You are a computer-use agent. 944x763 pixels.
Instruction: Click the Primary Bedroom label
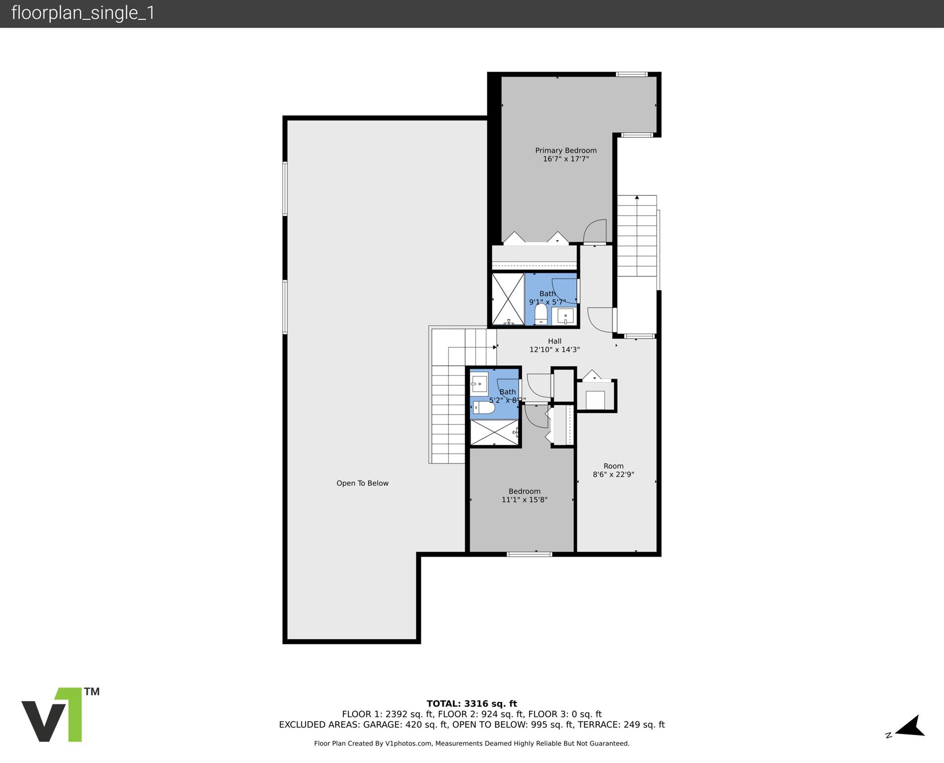565,150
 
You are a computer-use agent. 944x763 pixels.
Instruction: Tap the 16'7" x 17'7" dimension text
565,159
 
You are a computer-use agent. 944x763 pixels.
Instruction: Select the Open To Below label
362,483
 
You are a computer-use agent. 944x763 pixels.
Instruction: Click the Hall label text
554,341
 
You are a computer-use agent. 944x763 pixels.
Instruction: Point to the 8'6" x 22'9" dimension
613,475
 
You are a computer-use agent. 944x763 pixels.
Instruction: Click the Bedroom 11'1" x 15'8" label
524,496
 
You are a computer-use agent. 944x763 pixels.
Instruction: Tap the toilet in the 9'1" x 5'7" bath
541,314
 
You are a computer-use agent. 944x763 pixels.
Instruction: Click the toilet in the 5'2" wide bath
484,408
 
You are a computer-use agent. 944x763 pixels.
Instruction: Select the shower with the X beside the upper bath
508,299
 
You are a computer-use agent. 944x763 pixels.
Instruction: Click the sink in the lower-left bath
479,382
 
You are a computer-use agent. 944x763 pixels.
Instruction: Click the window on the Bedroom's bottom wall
529,554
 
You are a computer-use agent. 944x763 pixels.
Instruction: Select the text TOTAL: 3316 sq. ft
472,703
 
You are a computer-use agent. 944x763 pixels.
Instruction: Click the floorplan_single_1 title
83,13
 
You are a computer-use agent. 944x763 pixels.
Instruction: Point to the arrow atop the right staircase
636,197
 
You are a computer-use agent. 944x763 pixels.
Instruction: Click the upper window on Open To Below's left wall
285,189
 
